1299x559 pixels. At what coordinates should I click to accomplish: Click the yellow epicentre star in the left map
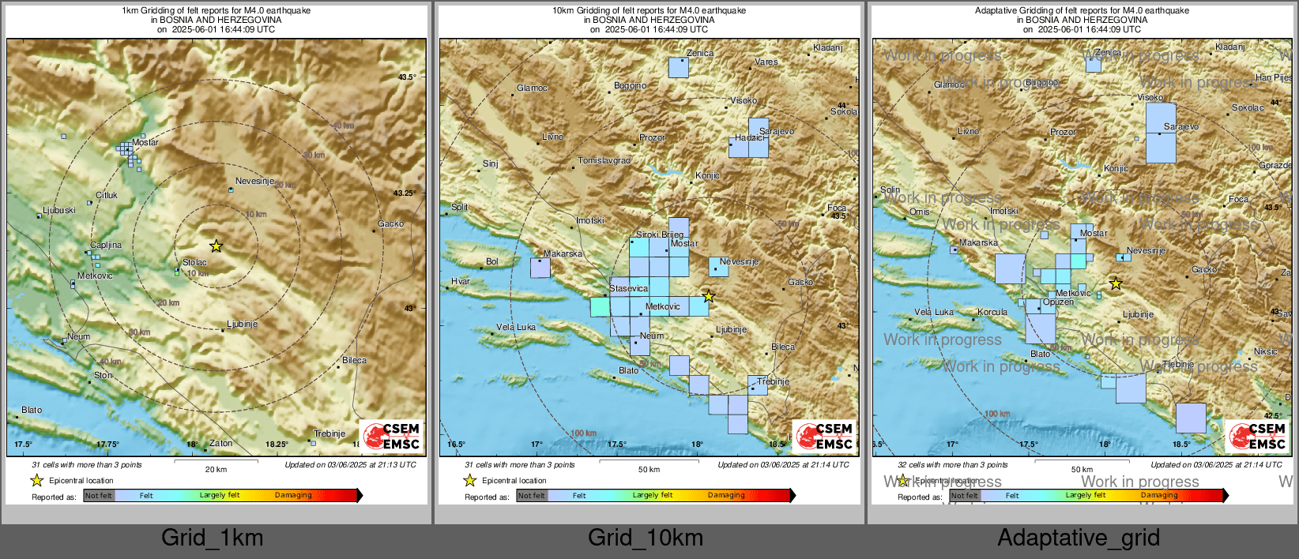coord(216,246)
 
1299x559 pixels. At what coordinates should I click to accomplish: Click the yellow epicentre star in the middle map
coord(709,296)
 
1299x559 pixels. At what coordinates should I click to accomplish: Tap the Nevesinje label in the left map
coord(254,181)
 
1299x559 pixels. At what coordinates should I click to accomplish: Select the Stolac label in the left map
coord(194,262)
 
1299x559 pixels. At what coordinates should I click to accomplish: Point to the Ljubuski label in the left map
coord(59,210)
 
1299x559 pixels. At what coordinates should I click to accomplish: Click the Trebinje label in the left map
coord(329,433)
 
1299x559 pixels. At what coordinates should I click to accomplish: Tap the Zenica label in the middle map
coord(700,53)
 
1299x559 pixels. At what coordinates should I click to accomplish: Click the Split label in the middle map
coord(459,207)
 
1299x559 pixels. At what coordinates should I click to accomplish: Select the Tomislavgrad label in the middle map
coord(604,160)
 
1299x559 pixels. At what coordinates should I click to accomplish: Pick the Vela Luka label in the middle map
coord(516,327)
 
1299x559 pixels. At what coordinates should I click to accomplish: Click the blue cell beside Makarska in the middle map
coord(540,268)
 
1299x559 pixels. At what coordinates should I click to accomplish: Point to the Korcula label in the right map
coord(992,312)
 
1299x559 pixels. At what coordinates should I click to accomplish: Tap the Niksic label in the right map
coord(1265,351)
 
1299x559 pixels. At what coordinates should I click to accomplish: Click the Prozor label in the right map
coord(1063,132)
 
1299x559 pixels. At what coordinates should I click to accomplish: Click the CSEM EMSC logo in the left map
coord(392,436)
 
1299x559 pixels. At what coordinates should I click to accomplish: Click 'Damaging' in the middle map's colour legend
coord(726,495)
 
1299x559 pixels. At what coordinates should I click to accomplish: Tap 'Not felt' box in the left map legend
coord(99,496)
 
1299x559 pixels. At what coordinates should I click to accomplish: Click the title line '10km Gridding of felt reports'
coord(649,10)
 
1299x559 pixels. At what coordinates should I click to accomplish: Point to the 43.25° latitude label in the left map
coord(404,193)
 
